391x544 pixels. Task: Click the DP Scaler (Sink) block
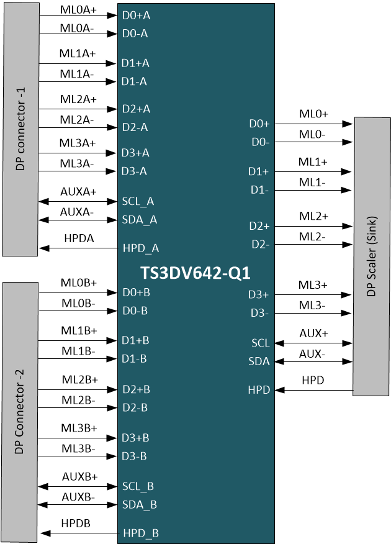coord(372,255)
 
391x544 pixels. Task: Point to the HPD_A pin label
coord(141,248)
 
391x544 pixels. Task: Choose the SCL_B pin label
coord(138,486)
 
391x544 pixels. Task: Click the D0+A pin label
coord(136,16)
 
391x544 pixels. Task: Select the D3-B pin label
coord(135,456)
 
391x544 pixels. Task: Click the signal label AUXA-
coord(78,212)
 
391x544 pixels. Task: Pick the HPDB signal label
coord(76,524)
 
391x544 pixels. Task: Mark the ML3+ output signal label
coord(313,285)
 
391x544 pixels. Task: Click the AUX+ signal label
coord(313,333)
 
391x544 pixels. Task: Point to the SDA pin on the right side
coord(260,361)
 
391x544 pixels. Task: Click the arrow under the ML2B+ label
coord(78,389)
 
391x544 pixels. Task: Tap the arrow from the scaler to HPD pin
coord(314,390)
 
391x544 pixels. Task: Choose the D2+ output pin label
coord(259,226)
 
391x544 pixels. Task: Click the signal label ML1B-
coord(78,351)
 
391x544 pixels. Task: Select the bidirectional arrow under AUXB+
coord(78,486)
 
